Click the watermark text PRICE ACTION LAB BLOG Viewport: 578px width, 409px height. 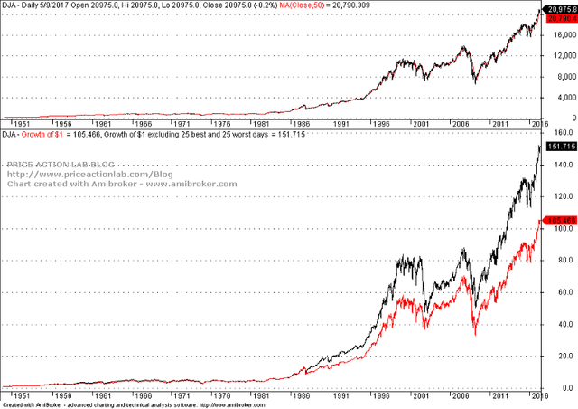[x=61, y=165]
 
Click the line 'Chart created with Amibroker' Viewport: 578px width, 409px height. [x=122, y=184]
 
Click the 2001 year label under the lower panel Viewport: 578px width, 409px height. [x=419, y=395]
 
